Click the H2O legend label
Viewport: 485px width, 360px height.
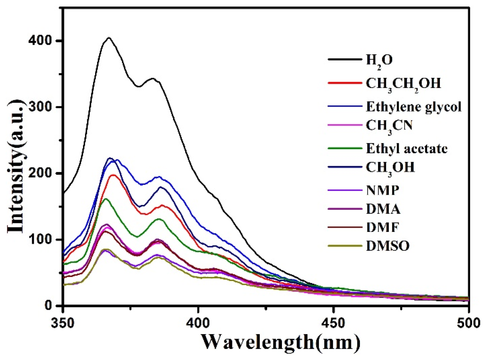379,60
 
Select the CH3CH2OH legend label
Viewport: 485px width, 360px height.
403,84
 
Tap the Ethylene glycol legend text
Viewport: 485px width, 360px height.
414,107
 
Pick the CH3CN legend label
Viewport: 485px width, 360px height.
389,126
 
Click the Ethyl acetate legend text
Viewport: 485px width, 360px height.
407,148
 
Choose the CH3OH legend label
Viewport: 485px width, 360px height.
390,168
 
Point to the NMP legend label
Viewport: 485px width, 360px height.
383,190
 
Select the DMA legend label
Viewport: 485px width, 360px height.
383,209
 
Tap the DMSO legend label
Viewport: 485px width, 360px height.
388,246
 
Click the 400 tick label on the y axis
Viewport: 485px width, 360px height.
40,41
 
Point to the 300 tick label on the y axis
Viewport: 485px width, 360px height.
40,107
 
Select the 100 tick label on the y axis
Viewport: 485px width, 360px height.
40,239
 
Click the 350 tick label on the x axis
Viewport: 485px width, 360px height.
62,323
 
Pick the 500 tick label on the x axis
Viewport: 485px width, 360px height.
468,323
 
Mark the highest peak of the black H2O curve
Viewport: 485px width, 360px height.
109,38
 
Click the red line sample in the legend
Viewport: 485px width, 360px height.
344,83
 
